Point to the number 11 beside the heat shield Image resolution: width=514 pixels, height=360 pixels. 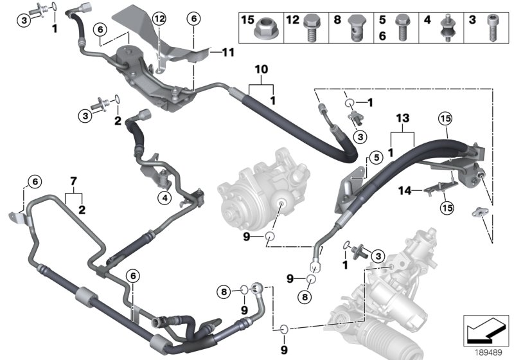pyautogui.click(x=229, y=51)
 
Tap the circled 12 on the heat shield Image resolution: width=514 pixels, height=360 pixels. pyautogui.click(x=160, y=19)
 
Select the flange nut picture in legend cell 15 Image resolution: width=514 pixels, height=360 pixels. pyautogui.click(x=263, y=29)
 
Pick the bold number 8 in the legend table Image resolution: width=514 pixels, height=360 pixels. pyautogui.click(x=337, y=21)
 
